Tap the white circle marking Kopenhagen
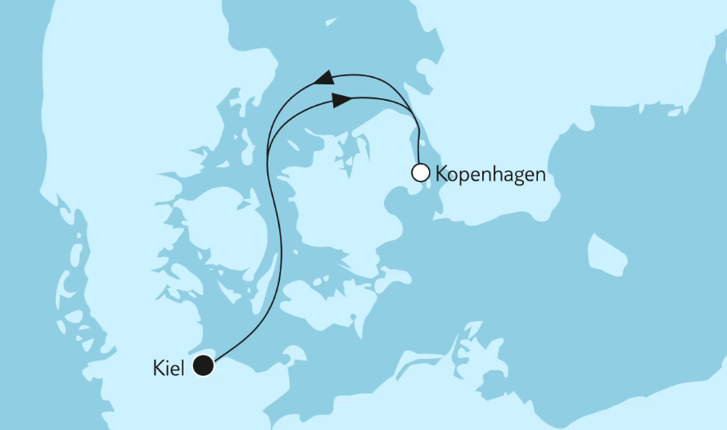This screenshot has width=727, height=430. tap(420, 173)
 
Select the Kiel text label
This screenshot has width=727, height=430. tap(169, 368)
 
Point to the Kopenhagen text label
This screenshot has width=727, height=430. tap(490, 175)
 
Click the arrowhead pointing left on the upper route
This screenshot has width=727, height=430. tap(324, 79)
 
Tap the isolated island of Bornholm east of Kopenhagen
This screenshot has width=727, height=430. tap(607, 255)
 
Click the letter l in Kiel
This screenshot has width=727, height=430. tap(185, 367)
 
